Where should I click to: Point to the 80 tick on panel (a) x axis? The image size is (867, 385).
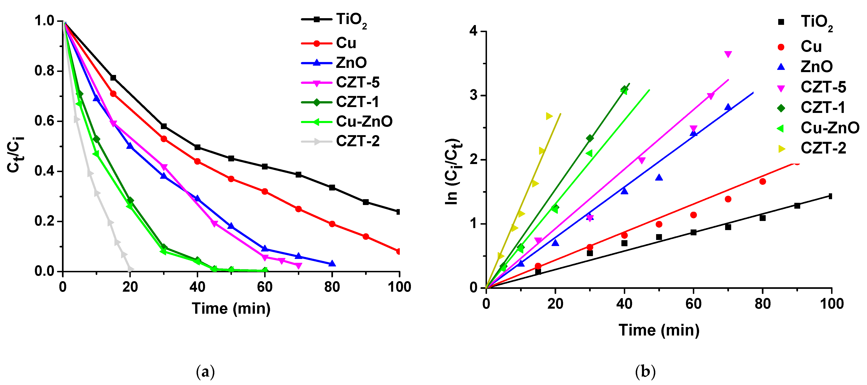pyautogui.click(x=332, y=287)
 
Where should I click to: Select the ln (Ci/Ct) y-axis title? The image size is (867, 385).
pyautogui.click(x=453, y=171)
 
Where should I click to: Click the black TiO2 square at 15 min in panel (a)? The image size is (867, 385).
pyautogui.click(x=113, y=78)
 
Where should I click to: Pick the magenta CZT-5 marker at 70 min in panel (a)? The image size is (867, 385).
pyautogui.click(x=298, y=266)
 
